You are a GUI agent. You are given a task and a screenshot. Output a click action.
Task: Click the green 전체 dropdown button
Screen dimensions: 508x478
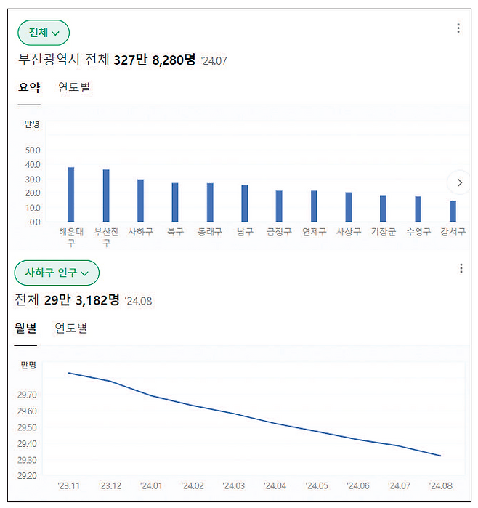click(x=44, y=33)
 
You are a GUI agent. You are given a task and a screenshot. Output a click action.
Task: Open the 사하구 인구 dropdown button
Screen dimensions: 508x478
click(x=57, y=273)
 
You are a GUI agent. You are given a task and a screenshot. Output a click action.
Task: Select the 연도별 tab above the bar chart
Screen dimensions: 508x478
click(x=74, y=87)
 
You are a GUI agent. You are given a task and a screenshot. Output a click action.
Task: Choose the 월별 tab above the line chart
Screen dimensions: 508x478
click(x=26, y=328)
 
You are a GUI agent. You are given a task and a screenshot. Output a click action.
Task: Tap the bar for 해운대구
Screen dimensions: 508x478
click(x=71, y=194)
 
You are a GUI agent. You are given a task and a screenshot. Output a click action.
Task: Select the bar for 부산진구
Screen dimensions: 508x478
click(x=106, y=195)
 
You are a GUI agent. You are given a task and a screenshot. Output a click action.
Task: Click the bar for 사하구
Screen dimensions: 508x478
click(x=140, y=200)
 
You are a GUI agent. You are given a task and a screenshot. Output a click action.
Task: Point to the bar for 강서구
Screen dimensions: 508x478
click(x=453, y=211)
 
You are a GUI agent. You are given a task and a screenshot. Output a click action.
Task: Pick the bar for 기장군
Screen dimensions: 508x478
click(x=383, y=209)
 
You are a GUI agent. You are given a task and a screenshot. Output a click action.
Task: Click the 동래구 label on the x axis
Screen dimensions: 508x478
click(x=210, y=233)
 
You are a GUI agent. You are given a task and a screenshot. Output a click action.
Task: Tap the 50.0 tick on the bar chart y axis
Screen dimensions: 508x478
click(x=33, y=150)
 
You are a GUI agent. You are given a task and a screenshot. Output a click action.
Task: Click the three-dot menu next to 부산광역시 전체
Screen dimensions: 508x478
click(x=458, y=28)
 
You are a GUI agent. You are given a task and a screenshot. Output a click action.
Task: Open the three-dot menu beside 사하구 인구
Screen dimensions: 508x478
click(x=461, y=268)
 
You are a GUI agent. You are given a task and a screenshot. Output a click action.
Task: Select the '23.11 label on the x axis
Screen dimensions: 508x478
click(x=69, y=485)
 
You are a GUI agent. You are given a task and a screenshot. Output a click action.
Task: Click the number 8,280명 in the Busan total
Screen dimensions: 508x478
click(x=173, y=60)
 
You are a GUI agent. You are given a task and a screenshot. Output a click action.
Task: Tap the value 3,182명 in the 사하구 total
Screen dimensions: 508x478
click(x=97, y=299)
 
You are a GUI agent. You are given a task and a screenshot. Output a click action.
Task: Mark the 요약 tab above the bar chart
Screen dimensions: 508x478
click(x=29, y=87)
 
